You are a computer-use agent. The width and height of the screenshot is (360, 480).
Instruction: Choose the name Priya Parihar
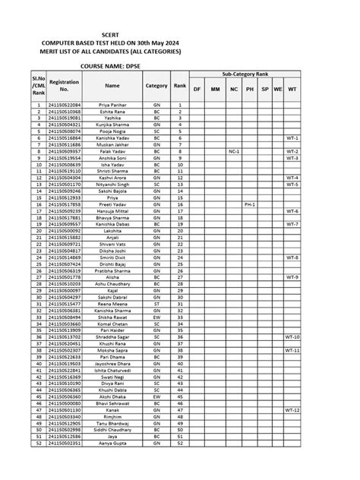click(112, 104)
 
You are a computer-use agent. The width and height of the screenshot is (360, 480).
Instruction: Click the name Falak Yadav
click(112, 151)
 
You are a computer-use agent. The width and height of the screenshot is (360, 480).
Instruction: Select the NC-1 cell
click(234, 151)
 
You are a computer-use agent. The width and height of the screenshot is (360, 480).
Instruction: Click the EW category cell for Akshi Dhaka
click(156, 396)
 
